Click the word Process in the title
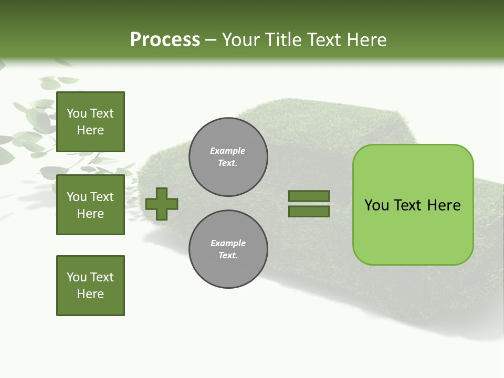click(165, 40)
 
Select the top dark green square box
click(90, 122)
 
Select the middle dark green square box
click(90, 205)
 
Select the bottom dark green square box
click(90, 286)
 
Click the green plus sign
click(162, 204)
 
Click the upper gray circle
click(228, 156)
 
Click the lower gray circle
click(228, 249)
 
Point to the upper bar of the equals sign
click(309, 196)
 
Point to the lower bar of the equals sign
click(309, 212)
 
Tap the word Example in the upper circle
click(228, 151)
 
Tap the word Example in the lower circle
click(228, 243)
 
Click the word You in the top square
click(77, 113)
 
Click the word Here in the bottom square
click(90, 294)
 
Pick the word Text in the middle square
click(102, 197)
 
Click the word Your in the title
click(240, 40)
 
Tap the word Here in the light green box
click(444, 205)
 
